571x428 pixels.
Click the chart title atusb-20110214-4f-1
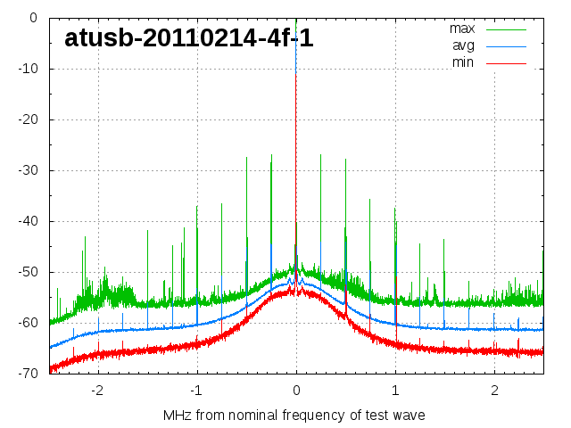pos(188,38)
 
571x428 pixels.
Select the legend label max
pos(461,29)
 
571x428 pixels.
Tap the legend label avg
pos(463,45)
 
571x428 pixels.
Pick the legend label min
pos(462,62)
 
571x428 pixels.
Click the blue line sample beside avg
pos(506,45)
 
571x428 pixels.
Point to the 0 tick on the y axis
pos(32,17)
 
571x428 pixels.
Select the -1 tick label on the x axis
pos(195,391)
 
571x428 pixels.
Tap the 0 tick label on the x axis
pos(296,391)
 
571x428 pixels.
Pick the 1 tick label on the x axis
pos(395,391)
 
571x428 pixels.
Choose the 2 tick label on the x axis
pos(494,391)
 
